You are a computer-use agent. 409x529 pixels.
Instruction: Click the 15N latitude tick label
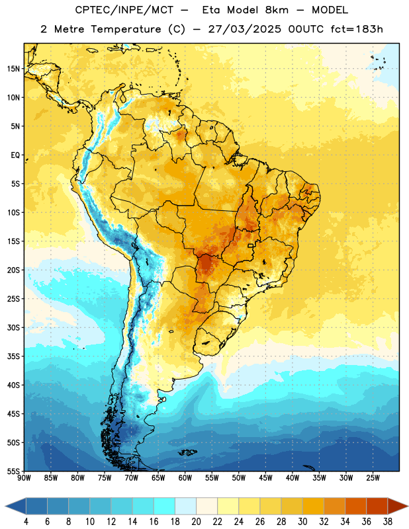(13, 69)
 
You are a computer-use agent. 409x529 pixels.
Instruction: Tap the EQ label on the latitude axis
(15, 155)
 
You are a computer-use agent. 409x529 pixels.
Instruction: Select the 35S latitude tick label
(13, 356)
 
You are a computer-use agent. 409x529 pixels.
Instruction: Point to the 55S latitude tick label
(13, 471)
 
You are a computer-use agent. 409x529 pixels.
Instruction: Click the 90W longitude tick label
(24, 478)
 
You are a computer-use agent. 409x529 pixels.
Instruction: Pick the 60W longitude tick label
(185, 478)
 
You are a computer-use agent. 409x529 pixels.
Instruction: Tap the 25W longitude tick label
(373, 478)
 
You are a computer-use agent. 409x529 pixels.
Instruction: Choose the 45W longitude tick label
(266, 478)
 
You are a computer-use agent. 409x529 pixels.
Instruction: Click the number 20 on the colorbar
(196, 522)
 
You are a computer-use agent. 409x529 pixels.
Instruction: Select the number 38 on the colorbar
(387, 522)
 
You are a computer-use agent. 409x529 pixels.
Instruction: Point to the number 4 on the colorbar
(26, 522)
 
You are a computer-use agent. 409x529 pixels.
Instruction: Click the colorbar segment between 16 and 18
(165, 506)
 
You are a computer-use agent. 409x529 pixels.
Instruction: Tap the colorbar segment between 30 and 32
(314, 506)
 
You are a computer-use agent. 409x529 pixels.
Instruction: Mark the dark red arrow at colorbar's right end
(398, 506)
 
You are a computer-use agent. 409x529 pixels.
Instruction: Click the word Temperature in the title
(126, 29)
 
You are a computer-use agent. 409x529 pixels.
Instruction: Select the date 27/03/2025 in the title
(244, 29)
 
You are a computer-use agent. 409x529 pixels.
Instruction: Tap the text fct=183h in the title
(357, 29)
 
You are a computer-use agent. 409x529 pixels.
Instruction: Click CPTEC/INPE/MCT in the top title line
(124, 11)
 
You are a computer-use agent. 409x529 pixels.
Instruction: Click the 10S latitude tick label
(13, 212)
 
